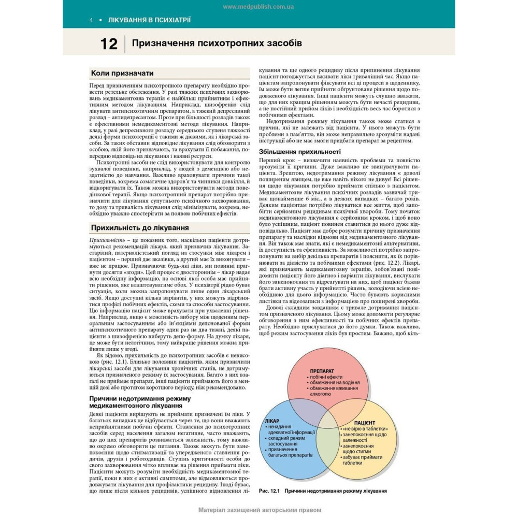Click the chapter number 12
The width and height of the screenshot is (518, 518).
(x=109, y=44)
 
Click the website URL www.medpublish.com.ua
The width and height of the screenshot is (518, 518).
(x=258, y=7)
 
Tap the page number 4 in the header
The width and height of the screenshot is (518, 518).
(x=91, y=20)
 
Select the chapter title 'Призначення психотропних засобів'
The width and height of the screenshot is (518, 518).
(x=217, y=43)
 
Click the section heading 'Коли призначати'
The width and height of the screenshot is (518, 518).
(x=122, y=73)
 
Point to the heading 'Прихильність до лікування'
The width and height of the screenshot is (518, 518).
(x=140, y=227)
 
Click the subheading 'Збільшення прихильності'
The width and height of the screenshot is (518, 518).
(x=299, y=152)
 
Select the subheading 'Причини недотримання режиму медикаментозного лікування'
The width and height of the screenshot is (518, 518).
(x=140, y=402)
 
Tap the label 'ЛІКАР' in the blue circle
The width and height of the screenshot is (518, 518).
(x=272, y=421)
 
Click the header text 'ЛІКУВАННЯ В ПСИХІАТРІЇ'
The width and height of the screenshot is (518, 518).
(x=149, y=20)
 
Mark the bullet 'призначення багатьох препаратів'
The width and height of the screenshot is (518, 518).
(x=290, y=453)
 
